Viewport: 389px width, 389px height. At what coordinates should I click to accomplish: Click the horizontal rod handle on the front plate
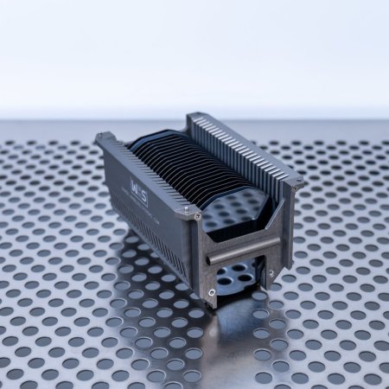click(x=243, y=251)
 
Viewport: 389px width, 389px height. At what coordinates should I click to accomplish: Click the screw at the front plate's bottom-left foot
click(x=212, y=292)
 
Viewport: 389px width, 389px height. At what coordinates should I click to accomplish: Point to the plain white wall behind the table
click(x=194, y=52)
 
